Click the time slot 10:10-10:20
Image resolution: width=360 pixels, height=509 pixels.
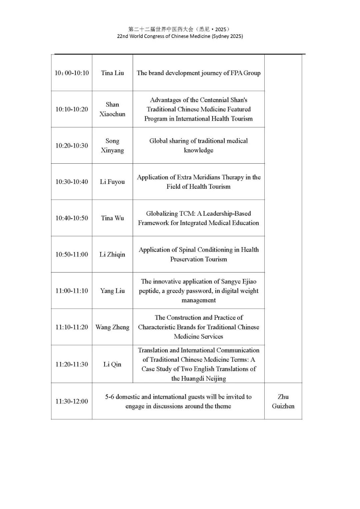pos(72,109)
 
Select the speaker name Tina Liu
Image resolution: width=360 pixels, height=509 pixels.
pos(112,73)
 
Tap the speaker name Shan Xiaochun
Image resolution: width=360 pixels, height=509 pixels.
pos(112,109)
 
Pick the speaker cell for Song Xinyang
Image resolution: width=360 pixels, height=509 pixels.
pos(112,146)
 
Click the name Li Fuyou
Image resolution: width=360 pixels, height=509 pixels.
pos(112,182)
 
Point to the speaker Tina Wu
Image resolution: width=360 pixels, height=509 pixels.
pos(112,218)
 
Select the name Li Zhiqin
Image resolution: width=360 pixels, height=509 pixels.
pos(112,255)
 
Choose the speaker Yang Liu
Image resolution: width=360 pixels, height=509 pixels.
pos(112,291)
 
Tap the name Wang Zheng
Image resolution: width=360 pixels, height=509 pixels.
pos(112,327)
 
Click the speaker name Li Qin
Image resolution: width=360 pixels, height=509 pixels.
pos(112,364)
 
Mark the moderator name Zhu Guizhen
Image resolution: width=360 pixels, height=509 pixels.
pos(283,401)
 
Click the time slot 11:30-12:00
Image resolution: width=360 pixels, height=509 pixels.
pos(72,401)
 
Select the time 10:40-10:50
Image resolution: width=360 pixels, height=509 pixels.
pos(72,218)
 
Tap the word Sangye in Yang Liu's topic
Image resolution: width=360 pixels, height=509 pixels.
pos(231,282)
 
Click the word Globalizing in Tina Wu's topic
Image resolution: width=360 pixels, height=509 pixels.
pos(162,214)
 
